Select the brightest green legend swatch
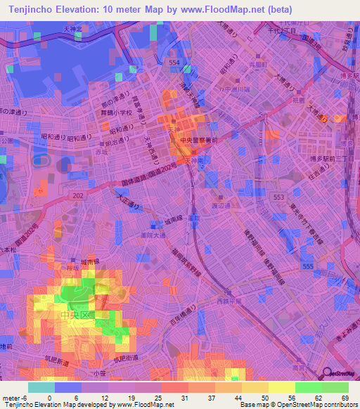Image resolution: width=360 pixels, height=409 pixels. pyautogui.click(x=335, y=387)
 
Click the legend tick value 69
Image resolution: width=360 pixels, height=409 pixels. pyautogui.click(x=345, y=398)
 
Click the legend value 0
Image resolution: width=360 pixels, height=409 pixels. pyautogui.click(x=49, y=398)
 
